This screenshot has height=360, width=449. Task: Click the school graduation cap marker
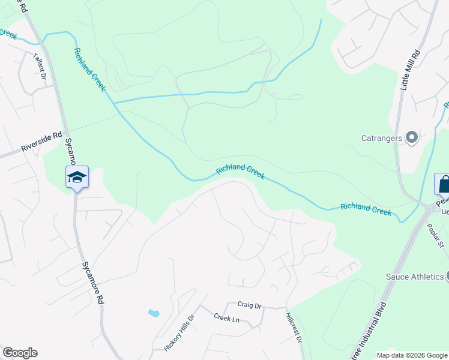pyautogui.click(x=77, y=177)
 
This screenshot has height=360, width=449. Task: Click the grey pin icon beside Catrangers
pyautogui.click(x=412, y=138)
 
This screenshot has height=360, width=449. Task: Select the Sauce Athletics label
pyautogui.click(x=414, y=277)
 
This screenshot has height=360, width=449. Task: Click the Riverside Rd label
pyautogui.click(x=41, y=142)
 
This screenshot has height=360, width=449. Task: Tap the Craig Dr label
pyautogui.click(x=250, y=306)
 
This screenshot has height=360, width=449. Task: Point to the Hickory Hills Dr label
pyautogui.click(x=179, y=334)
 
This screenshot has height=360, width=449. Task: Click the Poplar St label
pyautogui.click(x=435, y=236)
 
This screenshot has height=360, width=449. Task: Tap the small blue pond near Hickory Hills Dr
pyautogui.click(x=154, y=313)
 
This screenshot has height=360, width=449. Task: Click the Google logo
pyautogui.click(x=20, y=353)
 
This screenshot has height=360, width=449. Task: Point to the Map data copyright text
pyautogui.click(x=412, y=355)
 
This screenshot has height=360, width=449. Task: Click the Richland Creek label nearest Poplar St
pyautogui.click(x=366, y=209)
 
